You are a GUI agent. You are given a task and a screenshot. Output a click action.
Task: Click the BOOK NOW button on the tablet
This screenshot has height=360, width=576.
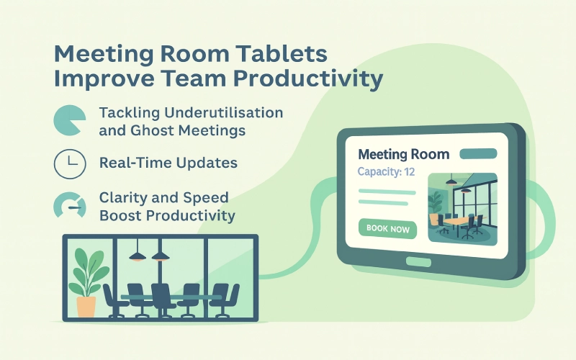[387, 229]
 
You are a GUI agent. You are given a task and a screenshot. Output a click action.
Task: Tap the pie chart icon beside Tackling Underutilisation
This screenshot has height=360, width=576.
[69, 122]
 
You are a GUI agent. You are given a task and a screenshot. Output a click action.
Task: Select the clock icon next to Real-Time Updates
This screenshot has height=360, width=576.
[69, 164]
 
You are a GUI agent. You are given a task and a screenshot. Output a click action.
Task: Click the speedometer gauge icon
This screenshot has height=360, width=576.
[69, 206]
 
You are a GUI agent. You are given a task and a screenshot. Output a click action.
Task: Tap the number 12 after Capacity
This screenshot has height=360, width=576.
[409, 172]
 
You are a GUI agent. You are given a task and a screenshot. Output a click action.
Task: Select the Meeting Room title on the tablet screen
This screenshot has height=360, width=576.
[403, 154]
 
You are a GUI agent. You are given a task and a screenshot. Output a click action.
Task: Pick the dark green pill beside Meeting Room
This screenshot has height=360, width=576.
[477, 154]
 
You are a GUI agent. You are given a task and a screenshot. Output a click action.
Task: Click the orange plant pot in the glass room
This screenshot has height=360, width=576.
[86, 306]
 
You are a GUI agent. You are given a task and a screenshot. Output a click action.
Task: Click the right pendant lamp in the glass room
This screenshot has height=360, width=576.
[161, 256]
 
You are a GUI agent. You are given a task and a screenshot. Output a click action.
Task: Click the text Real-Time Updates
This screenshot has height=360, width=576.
[168, 163]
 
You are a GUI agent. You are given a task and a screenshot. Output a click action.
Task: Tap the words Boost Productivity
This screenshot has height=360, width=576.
[167, 215]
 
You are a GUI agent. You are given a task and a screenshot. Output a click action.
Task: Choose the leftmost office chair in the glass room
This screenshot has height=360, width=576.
[114, 299]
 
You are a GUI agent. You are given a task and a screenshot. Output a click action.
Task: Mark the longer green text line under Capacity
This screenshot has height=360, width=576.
[387, 192]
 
